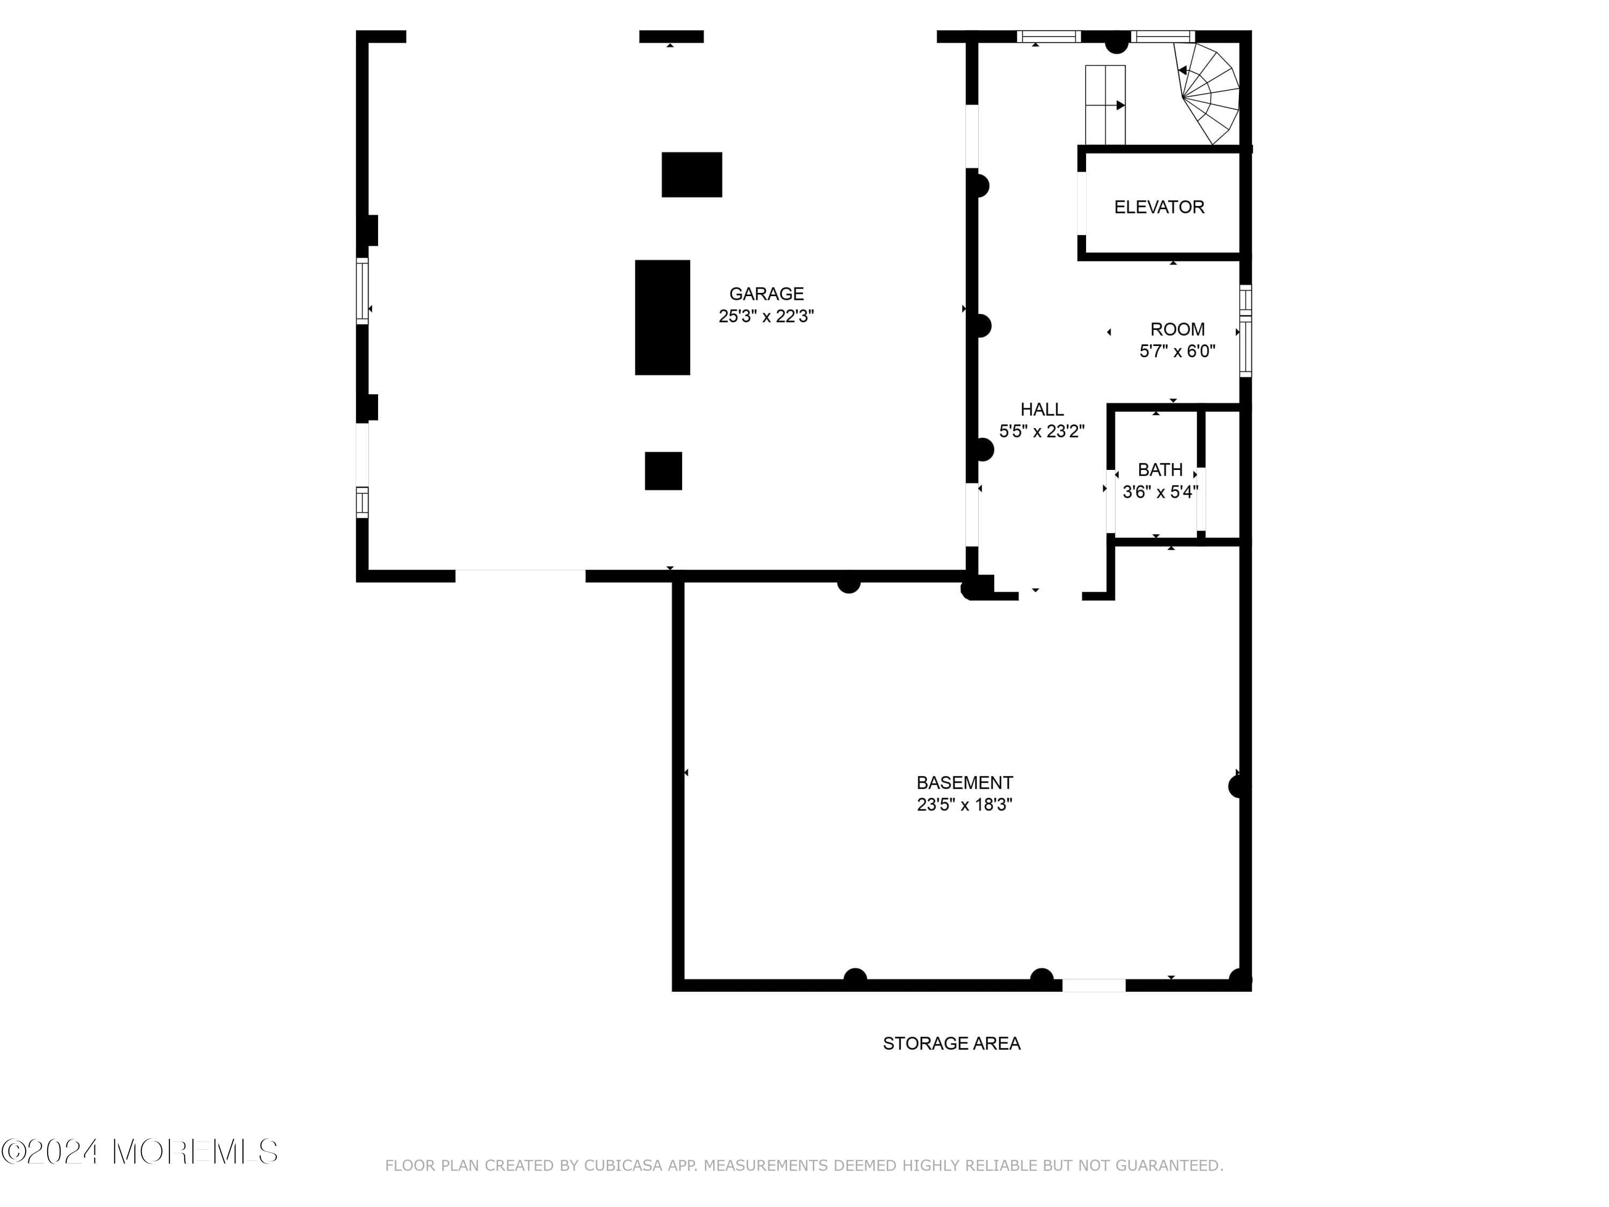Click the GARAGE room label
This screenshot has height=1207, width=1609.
(x=766, y=293)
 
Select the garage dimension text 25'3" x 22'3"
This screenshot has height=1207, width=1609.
(x=766, y=316)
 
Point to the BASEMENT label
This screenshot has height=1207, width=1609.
(x=964, y=782)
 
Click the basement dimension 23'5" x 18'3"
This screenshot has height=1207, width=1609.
(x=964, y=804)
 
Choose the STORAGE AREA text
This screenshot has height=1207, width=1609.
(x=951, y=1043)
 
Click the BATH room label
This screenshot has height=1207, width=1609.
(x=1160, y=469)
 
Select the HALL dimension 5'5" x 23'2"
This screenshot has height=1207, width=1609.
(x=1041, y=431)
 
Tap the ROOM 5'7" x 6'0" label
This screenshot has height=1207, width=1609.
(x=1176, y=340)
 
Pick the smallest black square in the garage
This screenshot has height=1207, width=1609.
(x=663, y=470)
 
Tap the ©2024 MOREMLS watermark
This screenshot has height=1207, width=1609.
(x=139, y=1152)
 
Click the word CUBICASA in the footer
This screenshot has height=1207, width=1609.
(x=623, y=1166)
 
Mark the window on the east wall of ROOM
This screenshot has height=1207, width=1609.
(x=1245, y=332)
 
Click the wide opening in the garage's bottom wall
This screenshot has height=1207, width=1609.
(x=520, y=576)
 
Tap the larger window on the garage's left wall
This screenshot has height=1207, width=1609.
(x=361, y=290)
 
